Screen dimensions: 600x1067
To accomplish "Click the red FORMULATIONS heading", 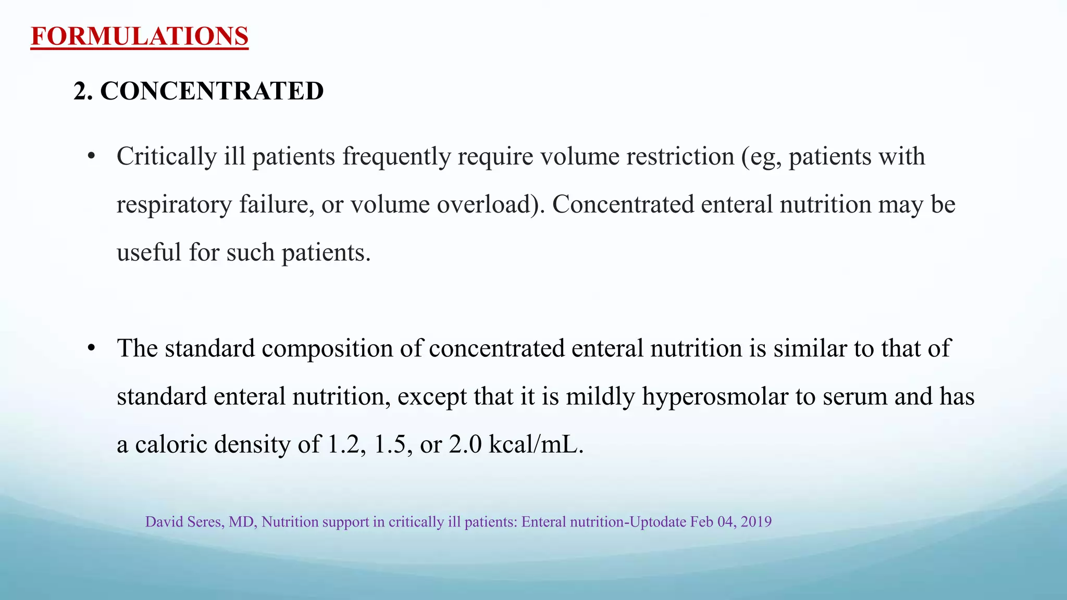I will [140, 36].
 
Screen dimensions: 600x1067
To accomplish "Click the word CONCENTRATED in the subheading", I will [212, 91].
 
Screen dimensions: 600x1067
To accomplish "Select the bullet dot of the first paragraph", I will [92, 156].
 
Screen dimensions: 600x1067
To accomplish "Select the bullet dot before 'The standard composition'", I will [92, 348].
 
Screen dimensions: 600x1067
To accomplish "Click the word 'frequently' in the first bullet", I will [396, 157].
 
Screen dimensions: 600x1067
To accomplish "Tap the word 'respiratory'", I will [174, 205].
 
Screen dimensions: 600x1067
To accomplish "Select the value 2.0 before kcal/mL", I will [465, 445].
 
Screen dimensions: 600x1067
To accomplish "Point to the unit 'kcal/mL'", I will [536, 445].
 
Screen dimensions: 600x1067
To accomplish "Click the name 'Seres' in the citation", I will [207, 522].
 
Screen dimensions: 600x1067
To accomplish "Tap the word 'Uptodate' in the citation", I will [658, 522].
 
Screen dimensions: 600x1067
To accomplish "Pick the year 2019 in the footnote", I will [756, 522].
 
